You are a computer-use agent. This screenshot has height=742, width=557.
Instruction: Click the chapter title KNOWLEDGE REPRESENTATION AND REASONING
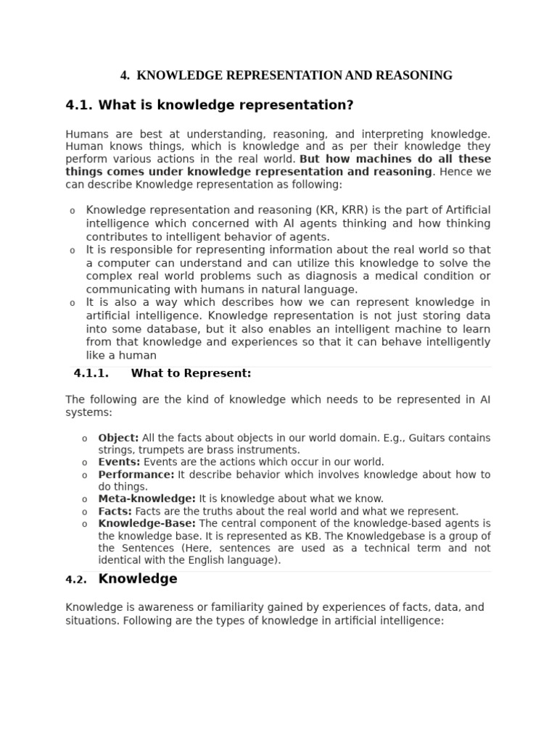pos(294,75)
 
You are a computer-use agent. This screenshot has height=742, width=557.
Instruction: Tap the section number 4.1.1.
pos(91,373)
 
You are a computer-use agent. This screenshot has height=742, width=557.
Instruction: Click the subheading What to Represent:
pos(191,373)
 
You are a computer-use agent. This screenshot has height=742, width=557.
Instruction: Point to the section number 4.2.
pos(76,580)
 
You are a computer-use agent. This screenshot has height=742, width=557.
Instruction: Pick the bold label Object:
pos(118,438)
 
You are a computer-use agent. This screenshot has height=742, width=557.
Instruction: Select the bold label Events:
pos(120,462)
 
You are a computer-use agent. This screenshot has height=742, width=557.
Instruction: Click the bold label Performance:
pos(136,475)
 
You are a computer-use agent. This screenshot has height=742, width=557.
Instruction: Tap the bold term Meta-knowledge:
pos(147,499)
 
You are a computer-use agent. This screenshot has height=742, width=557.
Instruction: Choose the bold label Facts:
pos(115,511)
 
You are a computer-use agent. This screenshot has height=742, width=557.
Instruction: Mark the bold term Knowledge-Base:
pos(147,523)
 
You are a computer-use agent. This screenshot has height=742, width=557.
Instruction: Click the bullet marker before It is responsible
pos(72,251)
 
